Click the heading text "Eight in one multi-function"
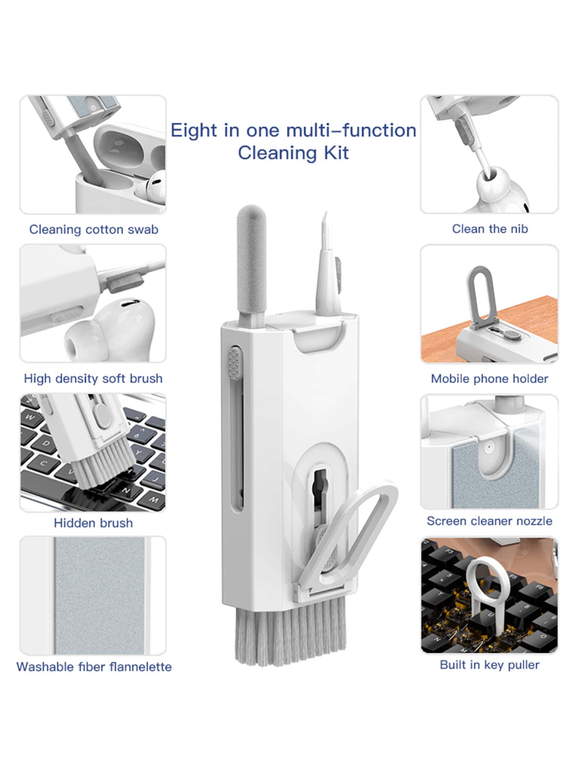[x=293, y=131]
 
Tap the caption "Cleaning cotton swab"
[x=94, y=230]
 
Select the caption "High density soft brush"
[x=93, y=379]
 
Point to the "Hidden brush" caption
[x=93, y=523]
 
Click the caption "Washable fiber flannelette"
[x=94, y=667]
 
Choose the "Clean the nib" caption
[x=490, y=229]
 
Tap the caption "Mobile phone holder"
[x=490, y=379]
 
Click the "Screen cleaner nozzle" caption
[x=490, y=521]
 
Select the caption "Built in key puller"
[x=490, y=665]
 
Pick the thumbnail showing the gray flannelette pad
[x=93, y=595]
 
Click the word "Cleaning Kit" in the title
[x=293, y=153]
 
